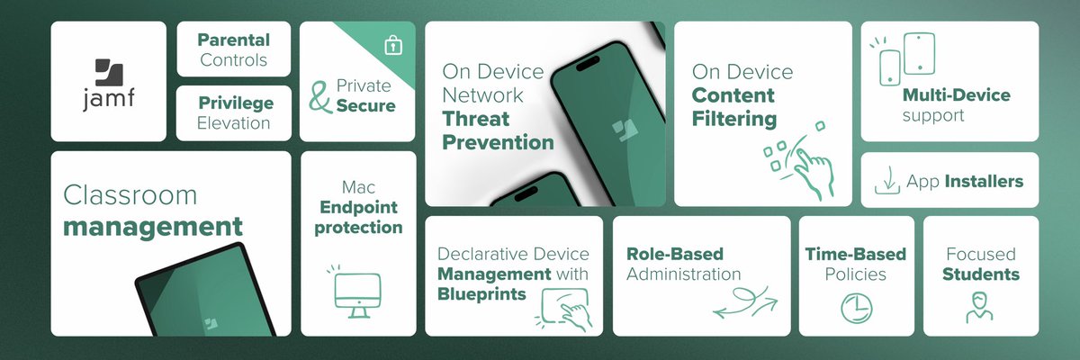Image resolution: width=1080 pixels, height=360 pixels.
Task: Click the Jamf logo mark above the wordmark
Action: (x=108, y=72)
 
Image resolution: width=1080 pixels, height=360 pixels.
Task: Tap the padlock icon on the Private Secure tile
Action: (x=392, y=46)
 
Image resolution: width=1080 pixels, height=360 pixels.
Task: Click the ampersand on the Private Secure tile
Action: (x=319, y=97)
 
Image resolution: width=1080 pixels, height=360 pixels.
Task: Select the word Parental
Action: (x=233, y=40)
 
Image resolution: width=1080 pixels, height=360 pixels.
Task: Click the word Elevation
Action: (x=234, y=122)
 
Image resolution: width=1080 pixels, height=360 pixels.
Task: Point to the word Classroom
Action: (x=130, y=195)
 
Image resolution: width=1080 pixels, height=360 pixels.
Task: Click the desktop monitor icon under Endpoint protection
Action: (x=356, y=293)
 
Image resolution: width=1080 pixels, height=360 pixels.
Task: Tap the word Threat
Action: (x=475, y=119)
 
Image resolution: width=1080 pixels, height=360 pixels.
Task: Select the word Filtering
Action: (x=733, y=118)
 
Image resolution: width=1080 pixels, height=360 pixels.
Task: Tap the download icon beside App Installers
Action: (x=886, y=182)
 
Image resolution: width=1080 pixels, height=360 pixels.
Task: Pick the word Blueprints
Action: (x=481, y=293)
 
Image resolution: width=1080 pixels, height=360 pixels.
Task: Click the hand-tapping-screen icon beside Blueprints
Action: (x=564, y=308)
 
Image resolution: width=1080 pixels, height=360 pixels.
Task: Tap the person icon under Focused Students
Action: (x=980, y=306)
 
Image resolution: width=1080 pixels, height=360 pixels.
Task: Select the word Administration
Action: (x=684, y=274)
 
